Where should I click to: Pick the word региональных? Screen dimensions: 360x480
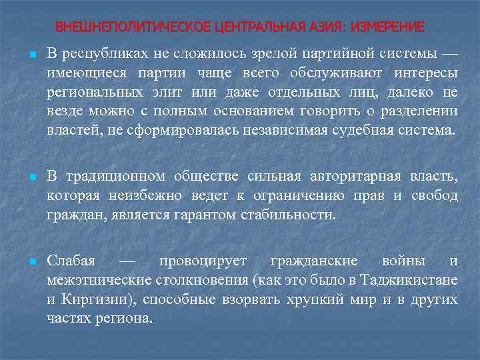86,92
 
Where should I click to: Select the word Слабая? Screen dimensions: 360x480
71,261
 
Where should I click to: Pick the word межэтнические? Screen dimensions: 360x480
93,280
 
